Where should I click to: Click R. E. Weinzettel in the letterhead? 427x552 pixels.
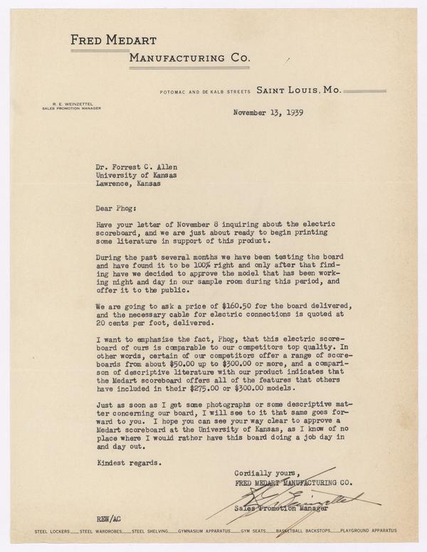click(62, 105)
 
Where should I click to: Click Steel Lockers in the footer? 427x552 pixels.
click(55, 531)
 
